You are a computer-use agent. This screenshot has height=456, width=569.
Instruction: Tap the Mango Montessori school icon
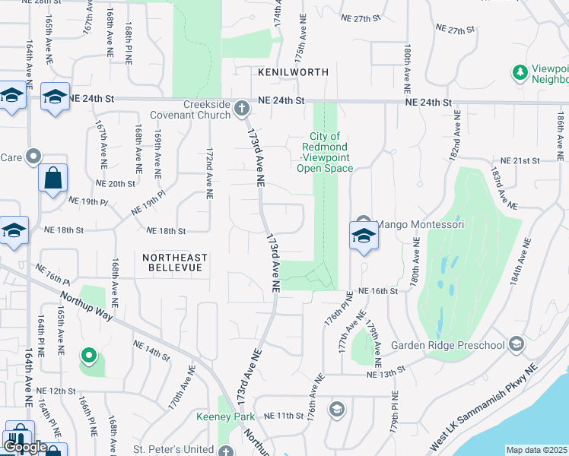(x=364, y=235)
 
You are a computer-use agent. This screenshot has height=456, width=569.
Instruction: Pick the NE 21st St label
(x=520, y=161)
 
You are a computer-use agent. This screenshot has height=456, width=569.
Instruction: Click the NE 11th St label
(x=284, y=416)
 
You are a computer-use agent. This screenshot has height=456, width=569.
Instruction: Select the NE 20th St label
(x=115, y=184)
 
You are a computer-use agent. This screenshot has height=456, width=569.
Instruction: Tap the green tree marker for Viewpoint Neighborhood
(x=520, y=72)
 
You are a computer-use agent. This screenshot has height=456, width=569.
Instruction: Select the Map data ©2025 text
(x=536, y=450)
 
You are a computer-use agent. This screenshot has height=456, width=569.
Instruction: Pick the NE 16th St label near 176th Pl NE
(x=378, y=291)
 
